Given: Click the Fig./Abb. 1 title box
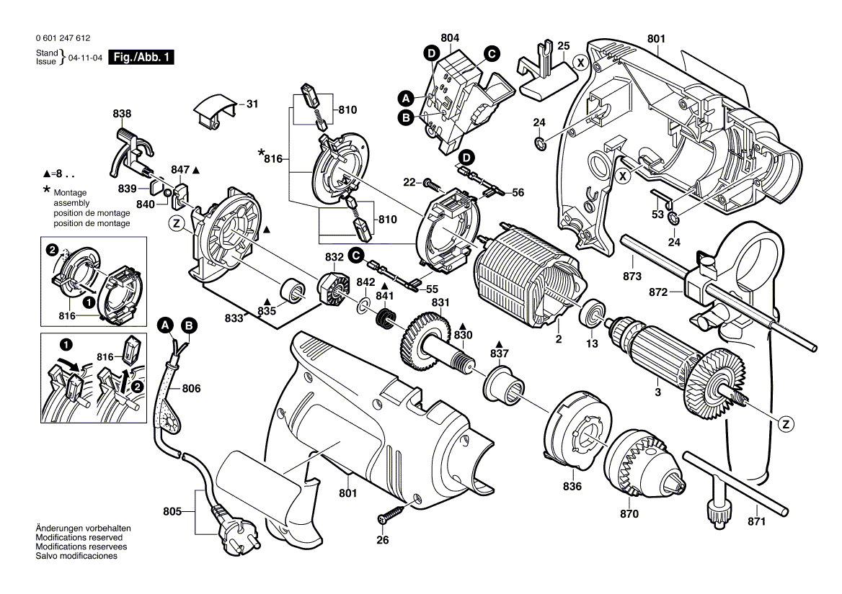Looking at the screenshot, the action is coord(141,58).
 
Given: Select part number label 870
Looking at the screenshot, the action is coord(629,514).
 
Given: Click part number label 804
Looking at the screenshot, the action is coord(450,38).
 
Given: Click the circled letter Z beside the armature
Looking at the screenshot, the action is coord(786,425).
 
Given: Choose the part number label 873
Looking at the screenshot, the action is coord(632,276).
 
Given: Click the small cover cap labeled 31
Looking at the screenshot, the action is coord(215,111).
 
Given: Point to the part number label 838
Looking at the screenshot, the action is coord(122,114).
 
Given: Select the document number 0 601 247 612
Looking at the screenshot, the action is coord(63,38).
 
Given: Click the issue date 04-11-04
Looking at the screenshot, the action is coord(85,58).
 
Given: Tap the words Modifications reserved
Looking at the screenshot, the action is coord(79,538).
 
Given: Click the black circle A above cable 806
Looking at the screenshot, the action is coord(166,325).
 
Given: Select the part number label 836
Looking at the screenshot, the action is coord(572,486).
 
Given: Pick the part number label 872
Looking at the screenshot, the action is coord(658,292).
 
